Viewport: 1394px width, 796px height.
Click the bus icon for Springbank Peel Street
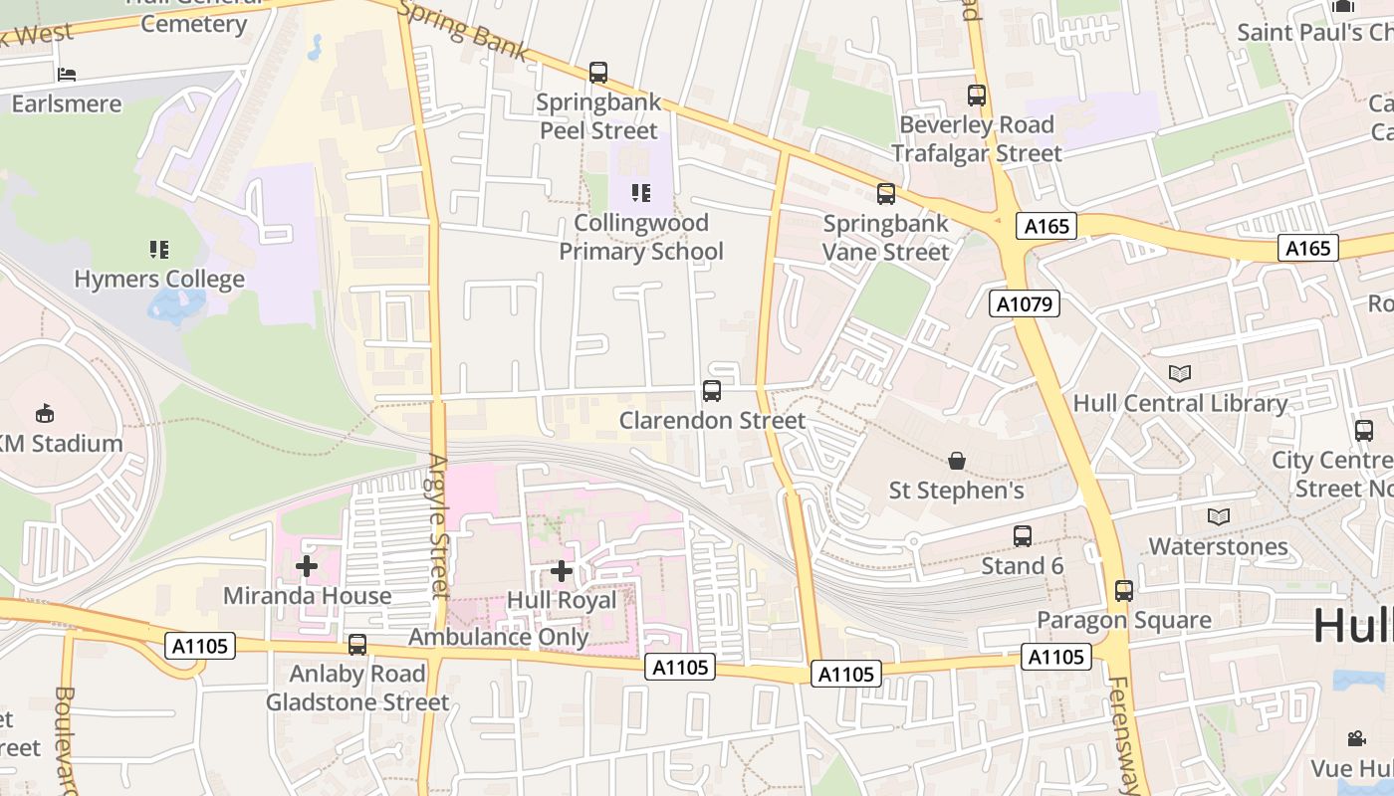(x=597, y=73)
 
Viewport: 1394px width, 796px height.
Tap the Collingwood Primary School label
(x=640, y=237)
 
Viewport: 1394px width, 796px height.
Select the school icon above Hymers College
(x=159, y=249)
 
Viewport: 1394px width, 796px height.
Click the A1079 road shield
(x=1024, y=303)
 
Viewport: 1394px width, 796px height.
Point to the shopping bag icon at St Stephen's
(x=956, y=461)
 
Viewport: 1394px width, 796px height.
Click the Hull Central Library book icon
(x=1179, y=373)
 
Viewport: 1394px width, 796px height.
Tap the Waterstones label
(x=1218, y=546)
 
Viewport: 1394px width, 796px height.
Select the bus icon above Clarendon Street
(x=712, y=391)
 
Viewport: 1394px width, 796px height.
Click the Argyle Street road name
(x=439, y=525)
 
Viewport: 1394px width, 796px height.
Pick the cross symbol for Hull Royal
(x=562, y=571)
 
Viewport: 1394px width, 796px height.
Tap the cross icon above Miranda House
(x=307, y=566)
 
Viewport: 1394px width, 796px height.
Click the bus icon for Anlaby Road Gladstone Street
(x=357, y=644)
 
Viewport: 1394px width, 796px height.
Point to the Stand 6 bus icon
(x=1023, y=536)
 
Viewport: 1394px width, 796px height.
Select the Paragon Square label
(x=1124, y=620)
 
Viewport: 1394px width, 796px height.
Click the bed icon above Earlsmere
(x=67, y=74)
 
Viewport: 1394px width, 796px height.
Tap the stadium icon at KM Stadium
(x=45, y=413)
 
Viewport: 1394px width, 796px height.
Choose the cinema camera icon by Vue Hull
(x=1356, y=738)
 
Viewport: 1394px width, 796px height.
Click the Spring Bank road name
(x=462, y=30)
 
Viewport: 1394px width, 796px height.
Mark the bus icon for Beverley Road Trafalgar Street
(x=977, y=96)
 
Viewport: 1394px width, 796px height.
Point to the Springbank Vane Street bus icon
(x=885, y=194)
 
